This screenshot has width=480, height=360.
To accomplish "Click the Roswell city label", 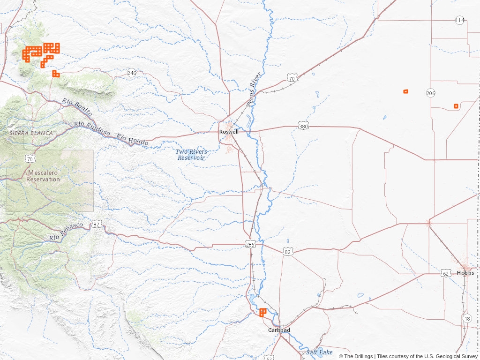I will pyautogui.click(x=229, y=132).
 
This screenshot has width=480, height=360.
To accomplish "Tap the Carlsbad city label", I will pyautogui.click(x=279, y=330).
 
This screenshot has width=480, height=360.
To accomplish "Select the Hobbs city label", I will pyautogui.click(x=465, y=273).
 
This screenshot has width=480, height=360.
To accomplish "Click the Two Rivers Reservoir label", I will pyautogui.click(x=191, y=155).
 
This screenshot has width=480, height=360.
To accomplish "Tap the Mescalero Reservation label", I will pyautogui.click(x=43, y=176).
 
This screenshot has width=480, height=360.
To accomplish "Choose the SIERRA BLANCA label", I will pyautogui.click(x=31, y=133).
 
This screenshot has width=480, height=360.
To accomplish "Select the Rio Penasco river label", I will pyautogui.click(x=66, y=232).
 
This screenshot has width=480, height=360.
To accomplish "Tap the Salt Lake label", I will pyautogui.click(x=319, y=352).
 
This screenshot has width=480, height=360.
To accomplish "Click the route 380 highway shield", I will pyautogui.click(x=303, y=127).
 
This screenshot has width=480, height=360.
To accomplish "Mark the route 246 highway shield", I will pyautogui.click(x=132, y=73).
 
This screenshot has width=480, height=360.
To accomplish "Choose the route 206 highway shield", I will pyautogui.click(x=431, y=93).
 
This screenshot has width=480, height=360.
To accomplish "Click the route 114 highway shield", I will pyautogui.click(x=460, y=20).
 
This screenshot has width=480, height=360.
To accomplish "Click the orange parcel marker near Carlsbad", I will pyautogui.click(x=262, y=312).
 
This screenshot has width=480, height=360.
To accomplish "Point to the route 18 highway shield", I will pyautogui.click(x=467, y=319).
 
